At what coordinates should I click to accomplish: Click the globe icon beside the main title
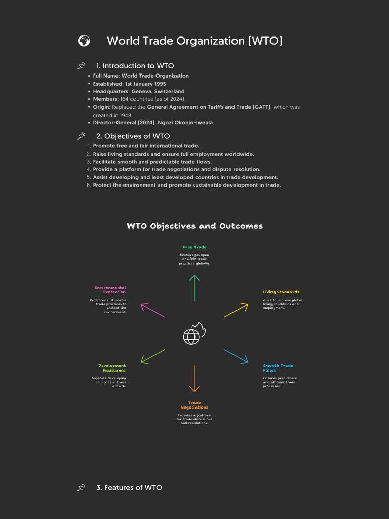click(x=84, y=41)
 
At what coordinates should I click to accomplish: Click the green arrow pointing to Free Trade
click(x=194, y=288)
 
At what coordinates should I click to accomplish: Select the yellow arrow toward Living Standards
click(x=236, y=310)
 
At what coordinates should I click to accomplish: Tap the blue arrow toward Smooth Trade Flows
click(x=236, y=356)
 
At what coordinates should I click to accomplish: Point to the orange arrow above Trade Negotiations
click(x=194, y=379)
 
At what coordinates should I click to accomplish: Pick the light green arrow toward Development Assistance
click(x=152, y=357)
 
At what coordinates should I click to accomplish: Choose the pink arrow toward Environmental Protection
click(x=152, y=310)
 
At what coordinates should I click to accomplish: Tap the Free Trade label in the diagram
click(x=194, y=247)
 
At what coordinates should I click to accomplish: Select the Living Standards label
click(x=281, y=292)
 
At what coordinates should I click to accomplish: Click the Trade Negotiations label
click(x=194, y=405)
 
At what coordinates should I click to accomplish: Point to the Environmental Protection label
click(x=110, y=290)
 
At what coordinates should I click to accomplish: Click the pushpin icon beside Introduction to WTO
click(x=81, y=66)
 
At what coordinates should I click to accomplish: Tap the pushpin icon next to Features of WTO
click(x=81, y=487)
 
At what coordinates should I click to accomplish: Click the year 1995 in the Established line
click(x=160, y=84)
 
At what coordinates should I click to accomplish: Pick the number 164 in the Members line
click(x=125, y=99)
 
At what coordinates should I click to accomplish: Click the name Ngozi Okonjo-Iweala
click(x=185, y=123)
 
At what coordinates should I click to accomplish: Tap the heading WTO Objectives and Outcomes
click(x=195, y=226)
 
